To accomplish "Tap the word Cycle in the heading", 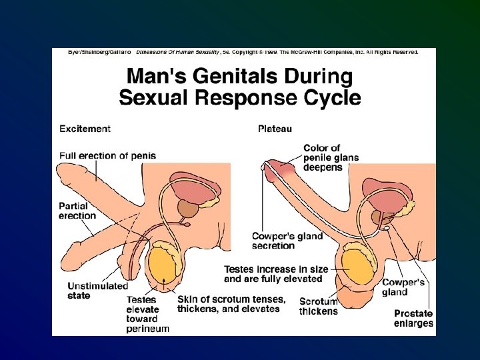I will point(328,99).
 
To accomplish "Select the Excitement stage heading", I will point(85,129).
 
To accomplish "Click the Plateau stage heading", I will point(275,129).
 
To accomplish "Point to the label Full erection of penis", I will point(107,156).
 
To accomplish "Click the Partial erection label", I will point(77,211).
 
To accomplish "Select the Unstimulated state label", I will point(97,291).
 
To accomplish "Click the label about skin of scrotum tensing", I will point(231,304).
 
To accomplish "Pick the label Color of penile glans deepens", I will point(331,158).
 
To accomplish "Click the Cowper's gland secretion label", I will point(287,241).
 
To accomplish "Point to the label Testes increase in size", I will point(276,274).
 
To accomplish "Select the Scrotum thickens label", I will point(318,307).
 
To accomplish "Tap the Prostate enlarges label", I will point(413,318).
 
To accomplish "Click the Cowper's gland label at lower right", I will point(403,287).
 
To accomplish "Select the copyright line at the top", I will point(243,51).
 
